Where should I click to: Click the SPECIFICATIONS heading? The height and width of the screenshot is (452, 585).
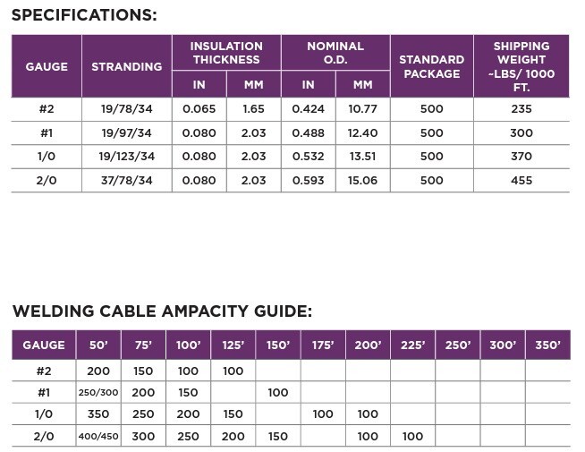tap(84, 15)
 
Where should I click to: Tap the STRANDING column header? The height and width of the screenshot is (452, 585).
tap(126, 66)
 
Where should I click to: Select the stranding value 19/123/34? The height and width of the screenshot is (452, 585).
tap(126, 157)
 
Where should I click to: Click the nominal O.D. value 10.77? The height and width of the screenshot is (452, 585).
tap(362, 109)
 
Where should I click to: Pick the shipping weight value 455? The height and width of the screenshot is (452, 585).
tap(521, 181)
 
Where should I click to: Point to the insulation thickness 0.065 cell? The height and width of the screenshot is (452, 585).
tap(199, 109)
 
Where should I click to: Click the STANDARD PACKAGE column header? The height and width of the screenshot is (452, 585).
tap(431, 66)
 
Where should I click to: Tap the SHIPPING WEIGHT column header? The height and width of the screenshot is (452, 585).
tap(521, 66)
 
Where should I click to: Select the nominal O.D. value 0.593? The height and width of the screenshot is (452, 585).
tap(308, 181)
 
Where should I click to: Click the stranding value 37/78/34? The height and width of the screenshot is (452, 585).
tap(126, 181)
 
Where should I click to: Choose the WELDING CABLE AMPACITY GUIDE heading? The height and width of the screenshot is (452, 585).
tap(162, 311)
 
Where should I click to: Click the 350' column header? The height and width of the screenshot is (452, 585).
tap(547, 345)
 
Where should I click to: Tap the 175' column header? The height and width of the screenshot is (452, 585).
tap(323, 345)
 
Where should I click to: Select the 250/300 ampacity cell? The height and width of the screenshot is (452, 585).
tap(98, 393)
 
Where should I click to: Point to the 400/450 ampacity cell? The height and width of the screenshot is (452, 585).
tap(98, 437)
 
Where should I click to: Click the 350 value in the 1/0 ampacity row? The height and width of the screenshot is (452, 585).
tap(98, 414)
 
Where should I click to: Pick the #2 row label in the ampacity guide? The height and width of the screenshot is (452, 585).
tap(44, 371)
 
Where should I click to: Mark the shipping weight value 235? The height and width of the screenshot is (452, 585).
tap(521, 109)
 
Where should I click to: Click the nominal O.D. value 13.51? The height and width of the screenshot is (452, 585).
tap(362, 157)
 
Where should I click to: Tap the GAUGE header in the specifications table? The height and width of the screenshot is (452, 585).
tap(47, 66)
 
